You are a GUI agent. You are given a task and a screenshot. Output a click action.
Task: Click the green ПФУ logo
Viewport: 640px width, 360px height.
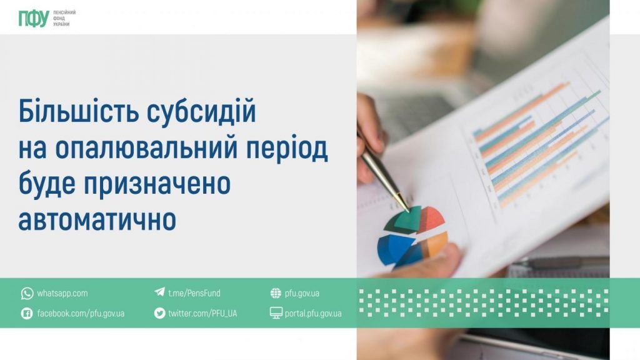[x=33, y=19]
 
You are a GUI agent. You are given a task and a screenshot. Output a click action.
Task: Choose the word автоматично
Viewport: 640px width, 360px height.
[x=97, y=220]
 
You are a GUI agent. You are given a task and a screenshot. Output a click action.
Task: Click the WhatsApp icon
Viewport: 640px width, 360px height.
[x=27, y=293]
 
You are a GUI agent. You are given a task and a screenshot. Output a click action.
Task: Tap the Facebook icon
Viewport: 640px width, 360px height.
[x=27, y=313]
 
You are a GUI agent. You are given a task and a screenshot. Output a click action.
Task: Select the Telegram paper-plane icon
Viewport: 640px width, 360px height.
[x=159, y=292]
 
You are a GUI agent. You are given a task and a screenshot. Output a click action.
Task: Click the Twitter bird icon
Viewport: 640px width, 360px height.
[x=159, y=313]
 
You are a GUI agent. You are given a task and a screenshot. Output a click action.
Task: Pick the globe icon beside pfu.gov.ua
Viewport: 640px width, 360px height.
[x=276, y=293]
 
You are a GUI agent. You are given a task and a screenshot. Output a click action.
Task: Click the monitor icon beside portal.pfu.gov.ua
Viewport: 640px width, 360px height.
[x=276, y=313]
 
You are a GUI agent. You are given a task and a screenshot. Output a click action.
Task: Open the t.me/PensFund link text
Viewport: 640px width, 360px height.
[x=194, y=293]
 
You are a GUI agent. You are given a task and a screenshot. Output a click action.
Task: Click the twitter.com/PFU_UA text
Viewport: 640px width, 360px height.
[x=202, y=313]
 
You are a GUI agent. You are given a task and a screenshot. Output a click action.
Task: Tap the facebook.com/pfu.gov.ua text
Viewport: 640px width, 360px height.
[x=81, y=313]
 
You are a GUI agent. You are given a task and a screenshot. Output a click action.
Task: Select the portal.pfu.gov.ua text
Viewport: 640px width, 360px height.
[x=313, y=313]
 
